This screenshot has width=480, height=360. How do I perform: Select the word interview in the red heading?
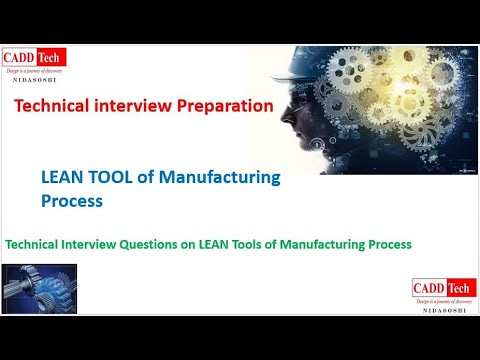coord(140,104)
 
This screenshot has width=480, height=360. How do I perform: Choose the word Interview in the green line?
coord(103,243)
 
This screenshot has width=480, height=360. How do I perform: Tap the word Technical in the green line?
coord(39,243)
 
